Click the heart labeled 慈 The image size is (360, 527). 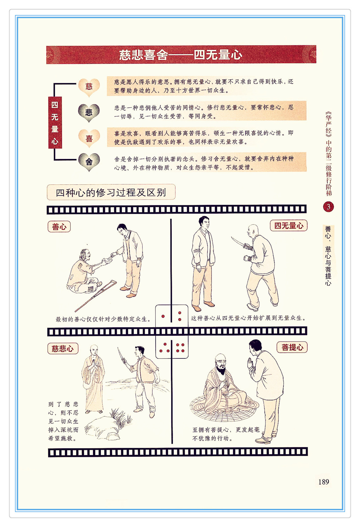pos(89,87)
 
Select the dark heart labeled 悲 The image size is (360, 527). pos(89,113)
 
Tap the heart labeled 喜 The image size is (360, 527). pos(89,138)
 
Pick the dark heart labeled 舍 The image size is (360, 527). pos(89,162)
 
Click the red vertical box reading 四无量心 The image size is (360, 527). pos(55,122)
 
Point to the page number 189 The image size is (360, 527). pos(324,482)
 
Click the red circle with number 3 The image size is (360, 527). pos(328,207)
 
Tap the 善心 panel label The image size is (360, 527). pos(59,227)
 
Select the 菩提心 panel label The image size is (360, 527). pos(292,347)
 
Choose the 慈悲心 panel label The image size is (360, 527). pos(63,349)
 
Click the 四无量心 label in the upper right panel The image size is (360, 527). pos(288,225)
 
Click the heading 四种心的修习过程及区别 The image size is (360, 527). pos(111,192)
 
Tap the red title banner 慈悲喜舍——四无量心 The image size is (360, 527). pos(181,55)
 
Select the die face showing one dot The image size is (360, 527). pos(163,316)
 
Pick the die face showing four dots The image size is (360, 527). pos(180,348)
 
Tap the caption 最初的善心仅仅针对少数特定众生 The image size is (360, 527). pos(103,319)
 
